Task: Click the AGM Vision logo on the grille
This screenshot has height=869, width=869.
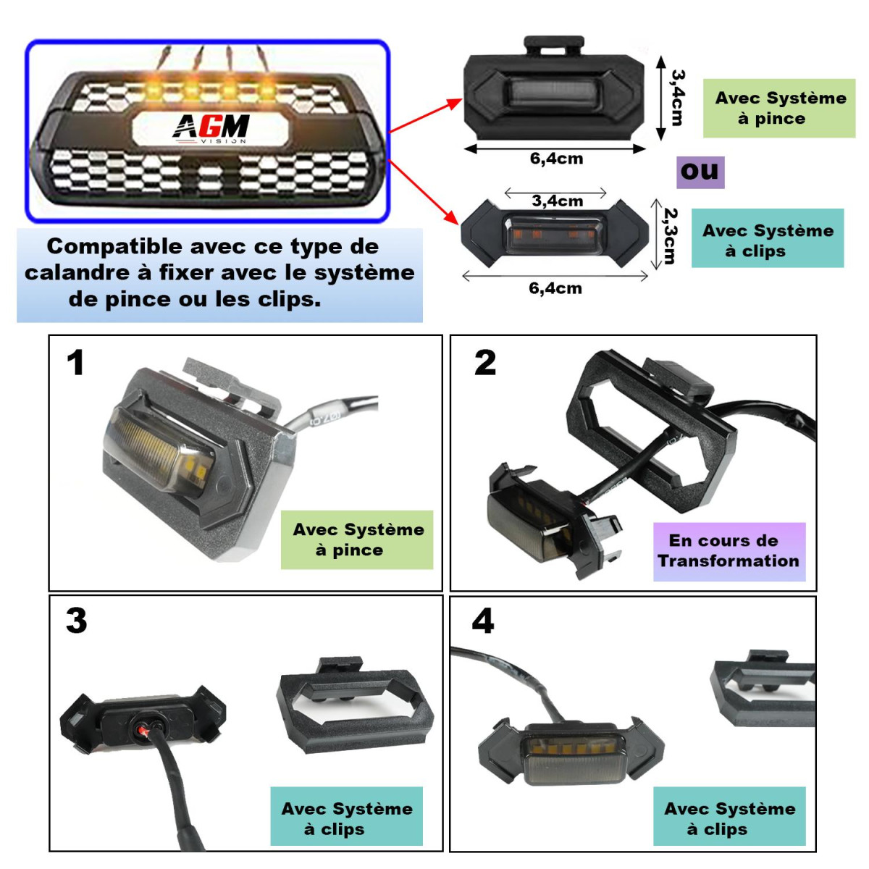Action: [211, 128]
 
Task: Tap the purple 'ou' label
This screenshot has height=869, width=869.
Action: [700, 172]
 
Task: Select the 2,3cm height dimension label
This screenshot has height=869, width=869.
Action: [671, 236]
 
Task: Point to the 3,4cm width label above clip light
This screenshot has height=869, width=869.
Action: [557, 201]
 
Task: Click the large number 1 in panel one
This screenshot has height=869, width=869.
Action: [75, 363]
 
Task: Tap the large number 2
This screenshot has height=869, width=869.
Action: [485, 363]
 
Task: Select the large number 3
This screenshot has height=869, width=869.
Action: [76, 621]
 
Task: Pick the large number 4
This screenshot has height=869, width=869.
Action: [482, 621]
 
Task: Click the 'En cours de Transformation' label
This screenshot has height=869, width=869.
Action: [729, 551]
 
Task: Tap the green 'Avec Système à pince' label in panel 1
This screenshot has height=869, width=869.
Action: [358, 540]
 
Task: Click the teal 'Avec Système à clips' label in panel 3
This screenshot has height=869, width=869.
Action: [347, 818]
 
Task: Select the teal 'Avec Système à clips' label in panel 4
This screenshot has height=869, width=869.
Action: [729, 818]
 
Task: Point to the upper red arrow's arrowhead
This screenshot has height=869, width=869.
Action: [456, 103]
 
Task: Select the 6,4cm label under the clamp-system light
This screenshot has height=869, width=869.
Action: [556, 159]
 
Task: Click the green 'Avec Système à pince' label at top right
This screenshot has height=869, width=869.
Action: [780, 109]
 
